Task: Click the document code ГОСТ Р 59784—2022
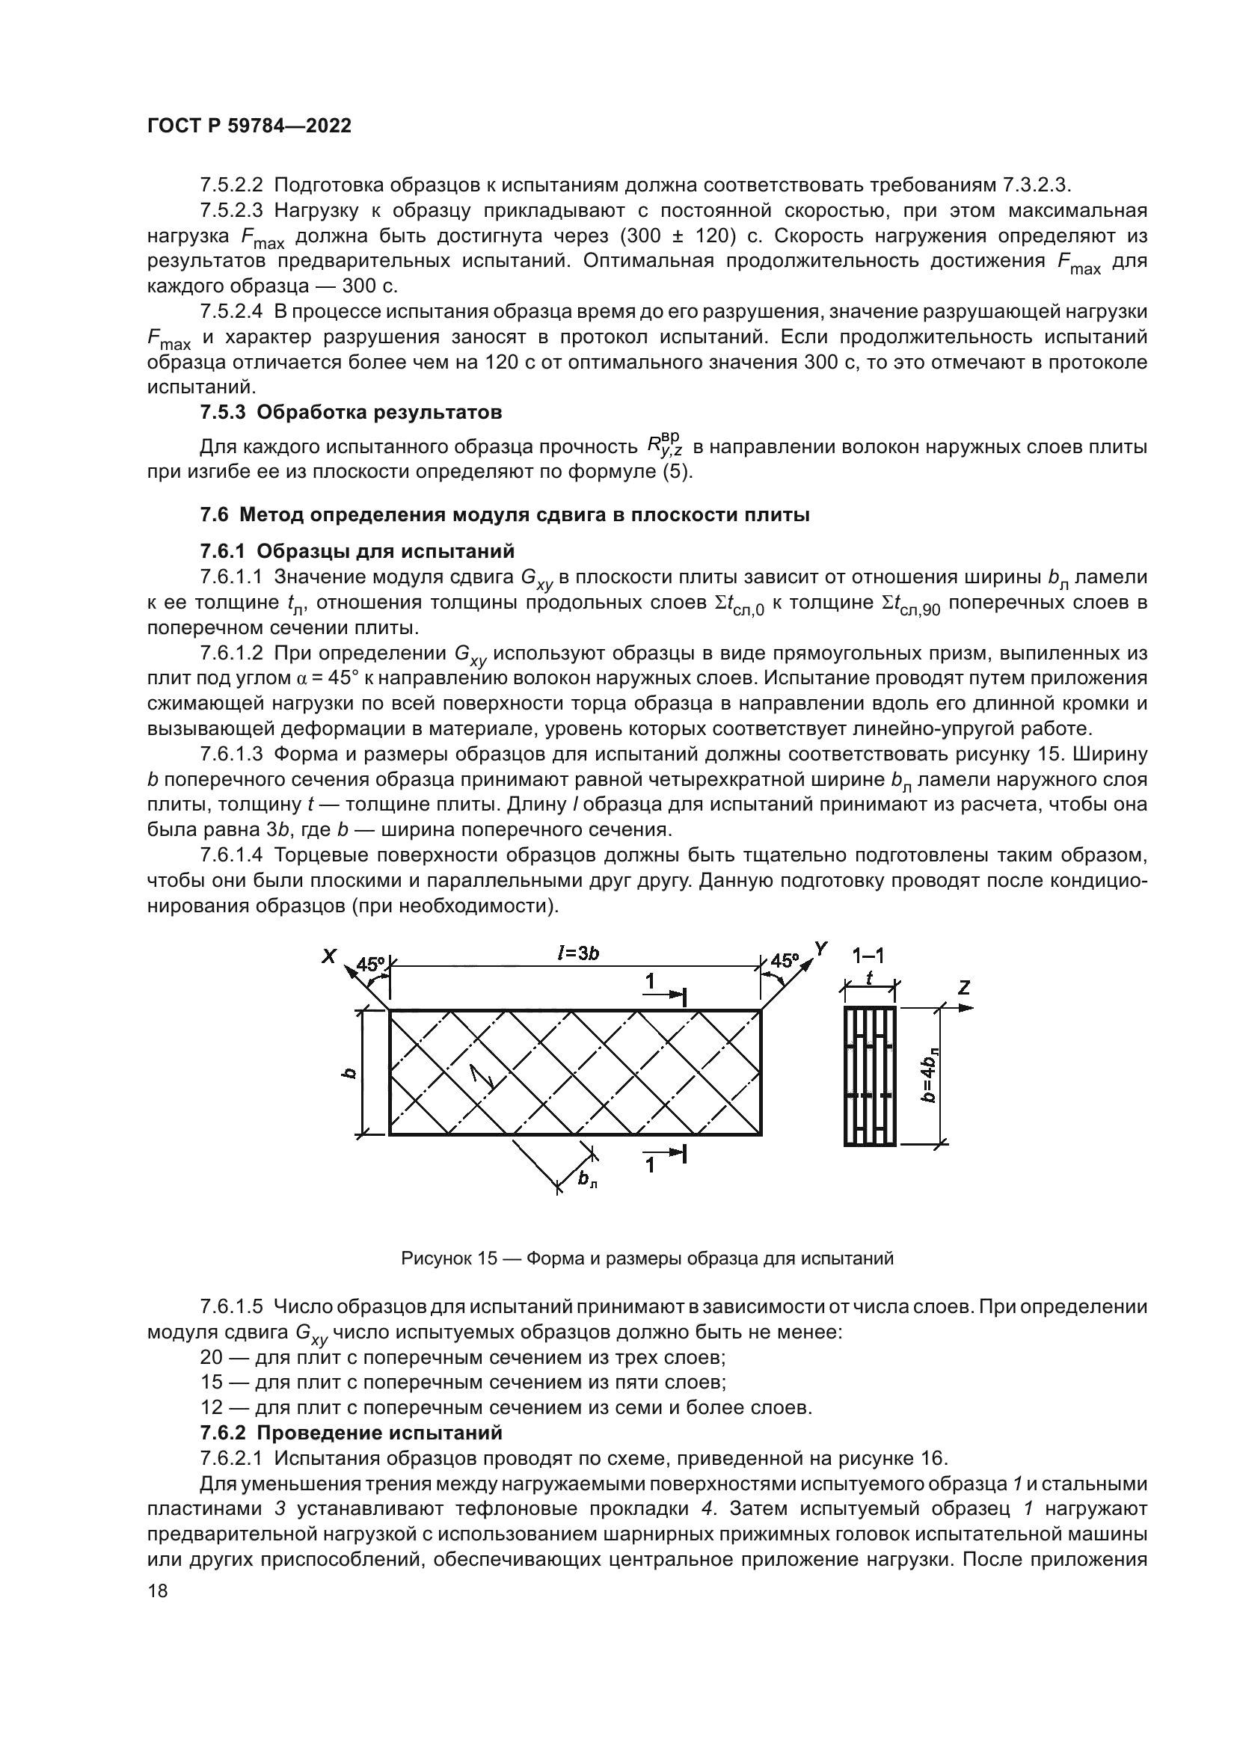(249, 126)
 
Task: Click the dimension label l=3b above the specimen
(578, 954)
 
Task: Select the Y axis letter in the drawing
(820, 948)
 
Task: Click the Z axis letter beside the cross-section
(963, 988)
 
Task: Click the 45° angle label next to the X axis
(371, 964)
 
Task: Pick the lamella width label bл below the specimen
(587, 1179)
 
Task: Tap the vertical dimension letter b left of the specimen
(349, 1073)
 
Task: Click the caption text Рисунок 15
(449, 1259)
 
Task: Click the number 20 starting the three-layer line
(212, 1357)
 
